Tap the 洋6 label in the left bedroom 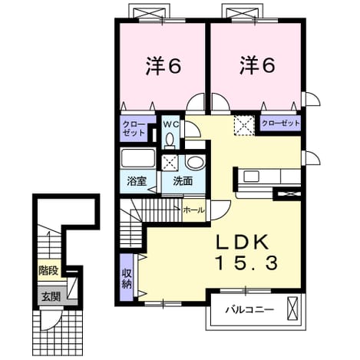coord(163,66)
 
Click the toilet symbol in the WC coord(169,141)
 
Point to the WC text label coord(170,124)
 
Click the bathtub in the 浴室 coord(138,158)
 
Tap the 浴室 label coord(137,181)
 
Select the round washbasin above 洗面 coord(195,162)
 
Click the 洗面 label coord(183,181)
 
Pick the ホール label coord(194,210)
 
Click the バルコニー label coord(249,310)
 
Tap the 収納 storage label coord(127,279)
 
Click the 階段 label coord(48,270)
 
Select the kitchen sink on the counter coord(251,177)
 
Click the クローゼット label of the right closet coord(281,123)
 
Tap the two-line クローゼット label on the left coord(134,128)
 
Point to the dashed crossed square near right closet coord(244,125)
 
